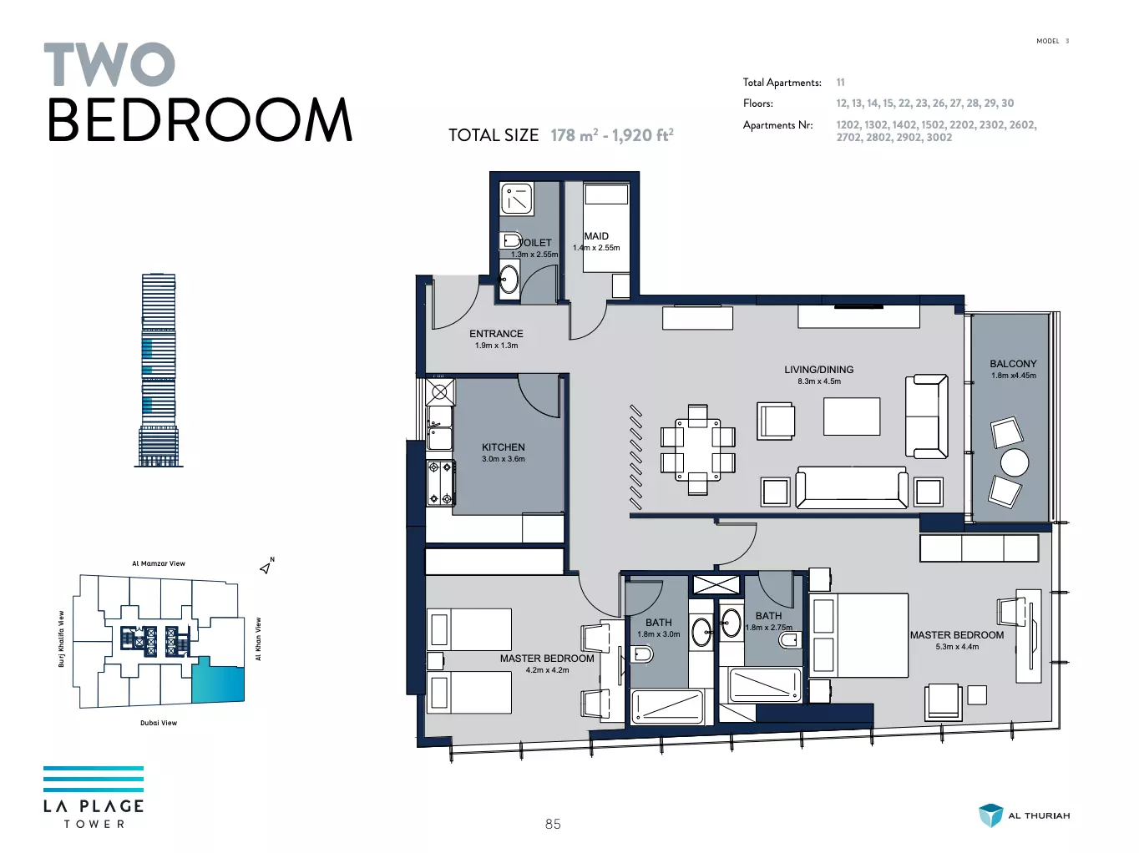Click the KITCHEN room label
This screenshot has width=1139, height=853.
click(x=503, y=447)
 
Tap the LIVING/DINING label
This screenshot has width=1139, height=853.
click(x=819, y=370)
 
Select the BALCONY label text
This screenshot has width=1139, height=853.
click(x=1013, y=364)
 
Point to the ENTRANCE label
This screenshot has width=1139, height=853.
click(x=496, y=334)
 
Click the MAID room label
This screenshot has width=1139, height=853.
click(x=596, y=236)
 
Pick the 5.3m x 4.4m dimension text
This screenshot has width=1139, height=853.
click(x=957, y=647)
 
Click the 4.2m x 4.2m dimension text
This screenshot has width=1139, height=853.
click(x=547, y=670)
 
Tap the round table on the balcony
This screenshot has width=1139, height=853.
click(x=1014, y=462)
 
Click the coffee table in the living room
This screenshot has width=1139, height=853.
click(x=852, y=416)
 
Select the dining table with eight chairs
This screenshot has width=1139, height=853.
click(x=698, y=450)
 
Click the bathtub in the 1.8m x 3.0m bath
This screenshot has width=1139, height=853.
click(x=667, y=706)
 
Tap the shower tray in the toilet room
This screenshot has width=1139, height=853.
click(x=517, y=198)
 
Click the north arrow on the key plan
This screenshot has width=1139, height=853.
click(x=266, y=568)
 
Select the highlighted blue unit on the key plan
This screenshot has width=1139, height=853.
click(x=218, y=680)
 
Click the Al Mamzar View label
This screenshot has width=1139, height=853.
click(x=159, y=563)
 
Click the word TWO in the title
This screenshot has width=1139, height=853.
click(x=109, y=64)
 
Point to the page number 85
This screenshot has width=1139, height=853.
click(x=553, y=824)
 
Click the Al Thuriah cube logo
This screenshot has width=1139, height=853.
click(x=990, y=815)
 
